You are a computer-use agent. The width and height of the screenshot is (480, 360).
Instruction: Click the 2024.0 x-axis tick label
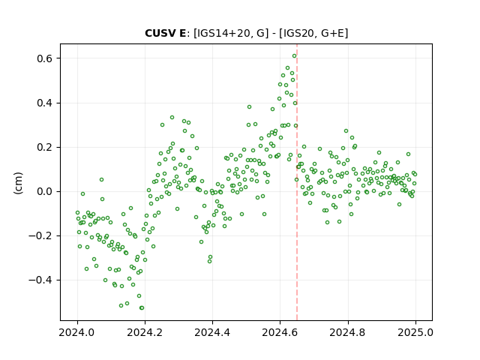coord(77,332)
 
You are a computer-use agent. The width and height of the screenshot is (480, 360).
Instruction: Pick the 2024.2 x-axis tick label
coord(145,332)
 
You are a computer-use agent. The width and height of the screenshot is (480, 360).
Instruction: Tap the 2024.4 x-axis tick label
coord(212,332)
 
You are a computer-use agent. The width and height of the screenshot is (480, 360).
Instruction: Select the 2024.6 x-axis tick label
coord(280,332)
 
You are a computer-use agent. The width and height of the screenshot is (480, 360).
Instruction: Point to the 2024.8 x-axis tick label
coord(348,332)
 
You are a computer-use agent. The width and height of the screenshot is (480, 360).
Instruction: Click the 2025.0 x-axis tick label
coord(415,332)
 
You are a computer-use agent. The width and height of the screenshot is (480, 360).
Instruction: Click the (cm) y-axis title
coord(18,183)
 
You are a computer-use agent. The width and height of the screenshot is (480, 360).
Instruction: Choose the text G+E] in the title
coord(335,33)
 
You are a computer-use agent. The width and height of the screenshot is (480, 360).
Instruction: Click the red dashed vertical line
coord(297,182)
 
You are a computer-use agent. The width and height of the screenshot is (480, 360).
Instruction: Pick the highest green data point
coord(295,56)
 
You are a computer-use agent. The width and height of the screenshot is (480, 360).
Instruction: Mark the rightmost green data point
coord(415,175)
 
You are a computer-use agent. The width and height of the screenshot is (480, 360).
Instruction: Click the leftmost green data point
coord(77,213)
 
